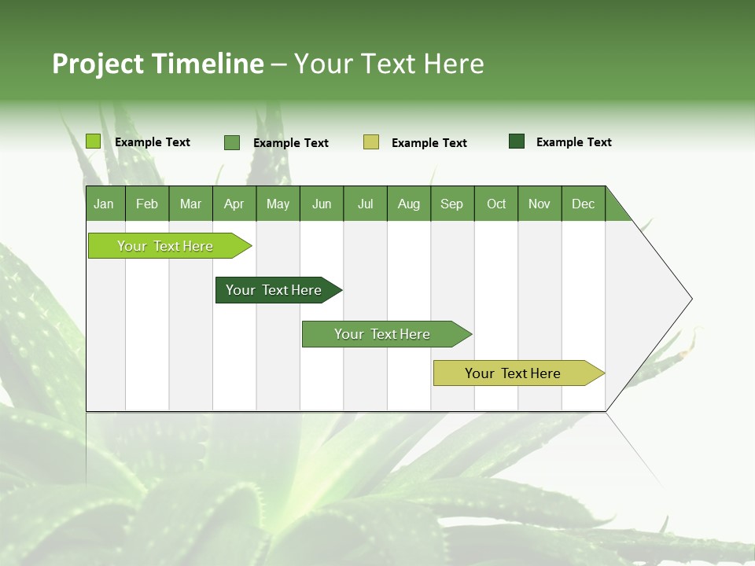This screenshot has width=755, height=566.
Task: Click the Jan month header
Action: tap(105, 204)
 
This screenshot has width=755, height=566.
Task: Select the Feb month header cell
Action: tap(147, 204)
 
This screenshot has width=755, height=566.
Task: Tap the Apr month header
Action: tap(234, 204)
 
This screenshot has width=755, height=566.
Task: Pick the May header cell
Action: tap(278, 204)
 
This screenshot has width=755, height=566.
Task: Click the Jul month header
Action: tap(365, 204)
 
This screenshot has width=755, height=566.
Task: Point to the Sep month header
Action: tap(452, 204)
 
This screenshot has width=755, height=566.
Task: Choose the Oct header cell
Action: tap(496, 204)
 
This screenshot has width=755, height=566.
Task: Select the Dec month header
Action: tap(584, 204)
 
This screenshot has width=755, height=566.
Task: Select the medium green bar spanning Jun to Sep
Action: tap(383, 334)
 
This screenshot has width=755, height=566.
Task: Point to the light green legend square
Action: tap(94, 141)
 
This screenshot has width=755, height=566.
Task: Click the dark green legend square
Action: tap(517, 141)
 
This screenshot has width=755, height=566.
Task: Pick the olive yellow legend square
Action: tap(371, 142)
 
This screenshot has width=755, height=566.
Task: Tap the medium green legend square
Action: tap(232, 142)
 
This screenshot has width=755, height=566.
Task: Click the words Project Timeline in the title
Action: tap(158, 64)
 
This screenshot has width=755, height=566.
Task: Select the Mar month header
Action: tap(190, 204)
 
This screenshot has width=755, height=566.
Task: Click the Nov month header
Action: tap(540, 204)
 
